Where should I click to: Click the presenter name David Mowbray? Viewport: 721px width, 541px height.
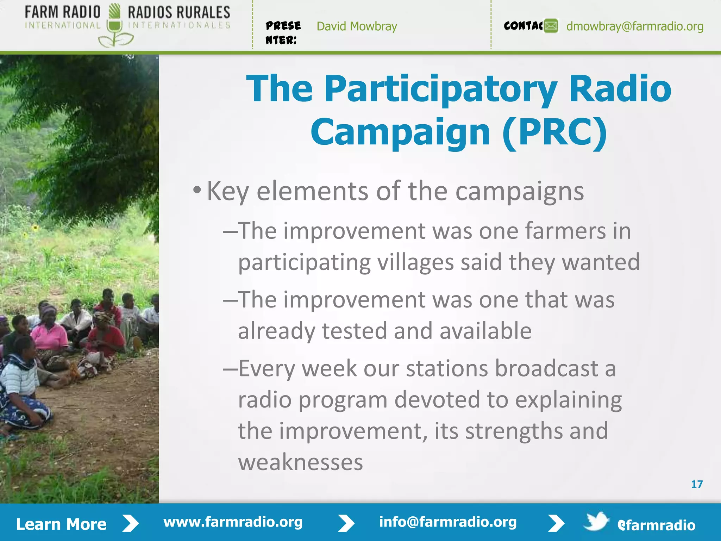pyautogui.click(x=357, y=26)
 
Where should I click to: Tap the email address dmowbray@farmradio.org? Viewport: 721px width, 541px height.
pyautogui.click(x=635, y=26)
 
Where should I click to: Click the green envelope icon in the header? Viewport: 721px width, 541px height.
pyautogui.click(x=551, y=26)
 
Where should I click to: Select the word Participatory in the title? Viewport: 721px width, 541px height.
pyautogui.click(x=440, y=89)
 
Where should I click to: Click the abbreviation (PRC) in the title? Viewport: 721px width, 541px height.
pyautogui.click(x=555, y=132)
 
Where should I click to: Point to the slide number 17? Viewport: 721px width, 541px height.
pyautogui.click(x=697, y=484)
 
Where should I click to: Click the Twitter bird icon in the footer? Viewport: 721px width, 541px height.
pyautogui.click(x=596, y=521)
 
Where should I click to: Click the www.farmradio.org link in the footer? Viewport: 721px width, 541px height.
pyautogui.click(x=233, y=522)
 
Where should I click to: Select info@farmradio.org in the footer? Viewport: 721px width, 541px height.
pyautogui.click(x=447, y=522)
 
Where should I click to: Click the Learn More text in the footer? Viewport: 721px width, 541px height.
pyautogui.click(x=61, y=524)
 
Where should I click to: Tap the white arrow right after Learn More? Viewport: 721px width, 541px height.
pyautogui.click(x=131, y=523)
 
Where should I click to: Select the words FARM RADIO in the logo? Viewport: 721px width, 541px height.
pyautogui.click(x=63, y=12)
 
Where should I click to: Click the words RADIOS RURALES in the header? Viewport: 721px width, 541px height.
pyautogui.click(x=179, y=12)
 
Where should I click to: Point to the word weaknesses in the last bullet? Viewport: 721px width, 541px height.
pyautogui.click(x=300, y=462)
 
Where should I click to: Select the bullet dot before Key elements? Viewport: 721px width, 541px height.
pyautogui.click(x=197, y=191)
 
